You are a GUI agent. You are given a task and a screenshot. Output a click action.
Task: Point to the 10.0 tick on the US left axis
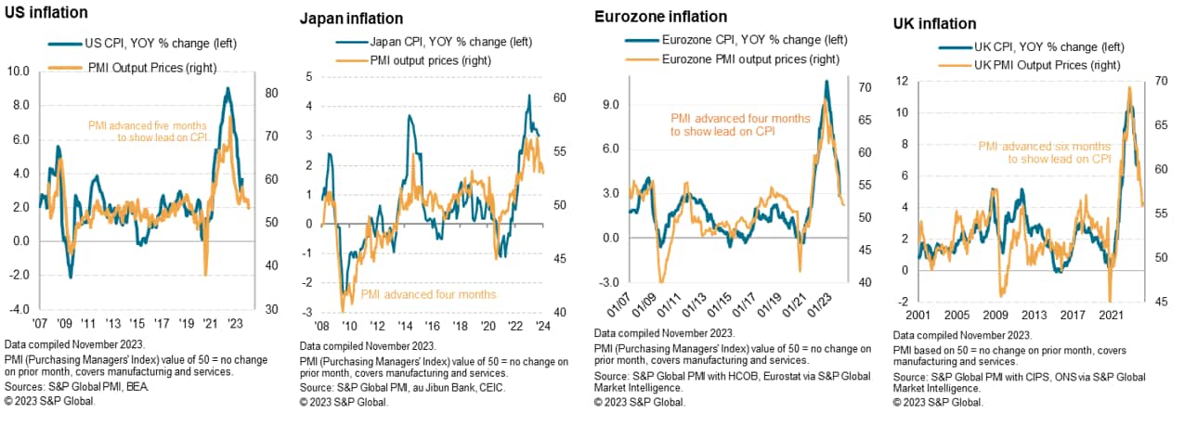click(x=19, y=71)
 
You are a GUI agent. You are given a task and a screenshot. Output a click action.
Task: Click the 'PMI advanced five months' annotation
click(x=147, y=124)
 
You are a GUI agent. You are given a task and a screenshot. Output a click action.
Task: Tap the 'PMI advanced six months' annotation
click(x=1044, y=146)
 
